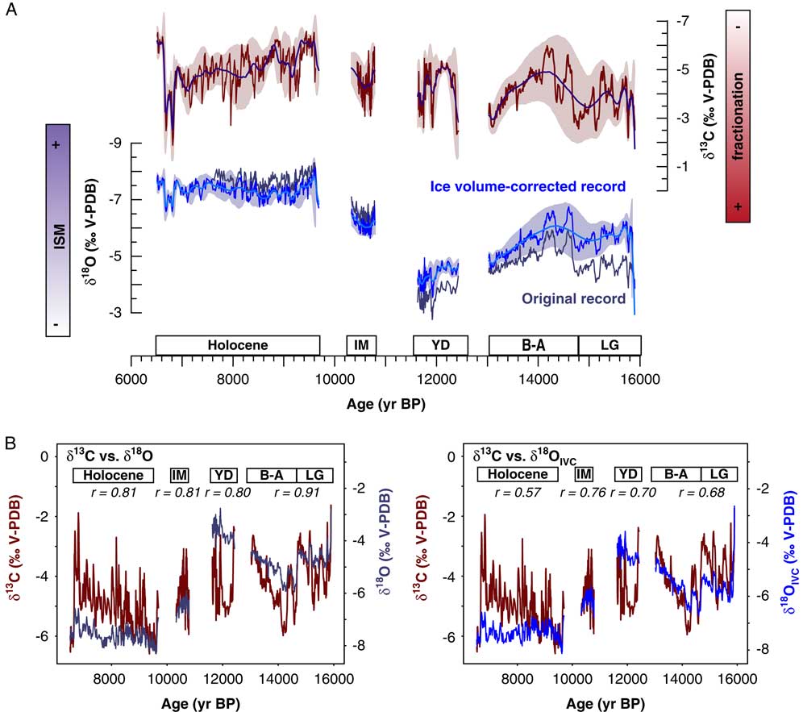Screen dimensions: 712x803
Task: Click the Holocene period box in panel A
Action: click(x=238, y=345)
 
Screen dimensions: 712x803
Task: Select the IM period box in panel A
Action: click(x=360, y=345)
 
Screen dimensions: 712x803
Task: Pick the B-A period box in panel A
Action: click(x=533, y=345)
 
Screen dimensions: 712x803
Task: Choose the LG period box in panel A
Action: click(x=610, y=345)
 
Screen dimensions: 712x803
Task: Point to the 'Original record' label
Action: click(x=573, y=298)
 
